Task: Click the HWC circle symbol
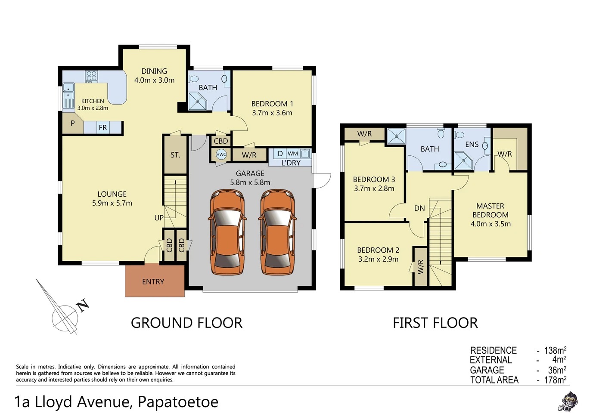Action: click(221, 154)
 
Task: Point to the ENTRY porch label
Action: click(153, 282)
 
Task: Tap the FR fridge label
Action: click(103, 128)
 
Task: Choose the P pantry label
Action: click(73, 123)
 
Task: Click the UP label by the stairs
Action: click(159, 218)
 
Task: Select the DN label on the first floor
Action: click(419, 208)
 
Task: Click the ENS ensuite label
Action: click(472, 144)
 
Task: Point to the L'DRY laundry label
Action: click(291, 163)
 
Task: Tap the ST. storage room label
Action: click(175, 155)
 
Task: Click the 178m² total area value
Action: click(555, 380)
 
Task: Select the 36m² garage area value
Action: click(557, 370)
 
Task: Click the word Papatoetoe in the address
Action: click(178, 402)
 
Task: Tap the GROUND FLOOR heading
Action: click(186, 323)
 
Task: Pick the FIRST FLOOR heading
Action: click(435, 323)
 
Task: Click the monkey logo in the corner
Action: click(568, 401)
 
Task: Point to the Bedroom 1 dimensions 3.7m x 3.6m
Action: click(272, 113)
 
